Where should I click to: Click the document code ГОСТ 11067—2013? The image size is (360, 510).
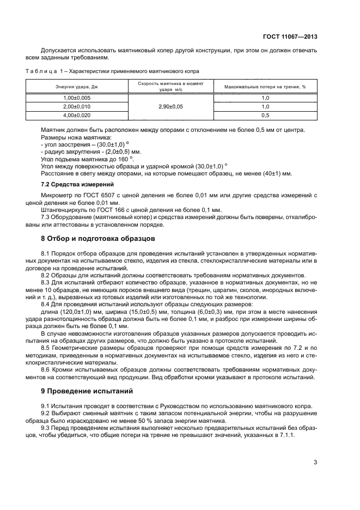coord(292,37)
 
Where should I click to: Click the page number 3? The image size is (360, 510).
coord(315,463)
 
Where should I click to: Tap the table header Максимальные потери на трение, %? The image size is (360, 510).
coord(265,87)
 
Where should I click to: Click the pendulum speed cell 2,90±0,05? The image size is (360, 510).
coord(169,107)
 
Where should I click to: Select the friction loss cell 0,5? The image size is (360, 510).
coord(265,116)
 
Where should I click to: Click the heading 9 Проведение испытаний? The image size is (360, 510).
coord(91,391)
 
